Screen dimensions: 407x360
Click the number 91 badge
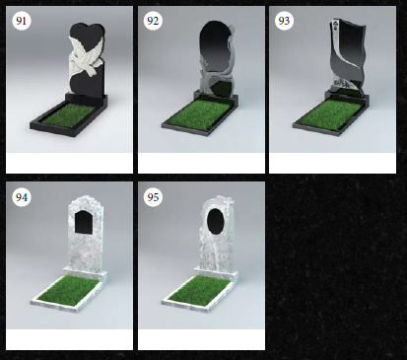[22, 21]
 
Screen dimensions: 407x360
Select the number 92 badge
[153, 21]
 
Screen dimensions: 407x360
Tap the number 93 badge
[284, 21]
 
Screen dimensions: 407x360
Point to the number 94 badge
[22, 197]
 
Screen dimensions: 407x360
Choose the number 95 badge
[153, 197]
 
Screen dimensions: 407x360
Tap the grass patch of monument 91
[70, 114]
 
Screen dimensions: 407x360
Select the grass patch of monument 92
[200, 113]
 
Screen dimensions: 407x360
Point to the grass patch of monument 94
[68, 289]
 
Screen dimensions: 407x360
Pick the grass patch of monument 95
[200, 289]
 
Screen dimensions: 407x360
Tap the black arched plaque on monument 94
[84, 222]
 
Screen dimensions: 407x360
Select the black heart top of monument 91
[88, 34]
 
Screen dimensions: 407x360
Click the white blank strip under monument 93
[332, 163]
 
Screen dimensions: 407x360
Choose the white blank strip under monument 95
[201, 339]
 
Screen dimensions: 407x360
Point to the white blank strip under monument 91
[69, 163]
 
